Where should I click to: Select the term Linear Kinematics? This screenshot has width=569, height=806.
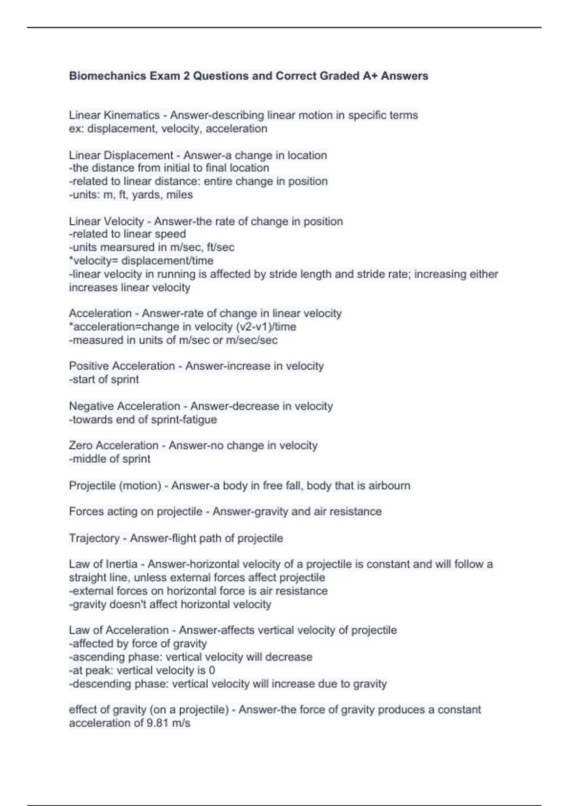pyautogui.click(x=114, y=115)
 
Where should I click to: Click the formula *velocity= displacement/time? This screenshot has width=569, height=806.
pyautogui.click(x=141, y=261)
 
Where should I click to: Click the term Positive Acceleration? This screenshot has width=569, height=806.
pyautogui.click(x=122, y=366)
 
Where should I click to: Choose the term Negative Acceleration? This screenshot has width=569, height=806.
pyautogui.click(x=124, y=406)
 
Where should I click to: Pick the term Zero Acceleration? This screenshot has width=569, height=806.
pyautogui.click(x=113, y=446)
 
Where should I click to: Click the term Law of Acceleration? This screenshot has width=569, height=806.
pyautogui.click(x=119, y=630)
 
